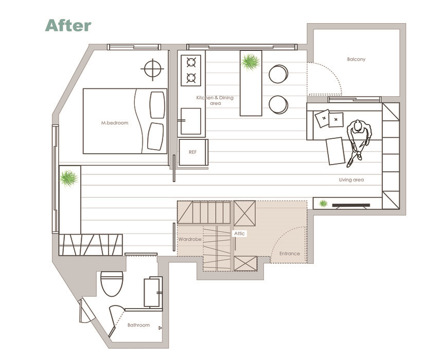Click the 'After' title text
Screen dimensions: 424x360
[x=68, y=25]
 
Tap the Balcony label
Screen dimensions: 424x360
[x=356, y=59]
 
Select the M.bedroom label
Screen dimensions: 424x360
[x=115, y=123]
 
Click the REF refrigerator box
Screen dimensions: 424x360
[x=193, y=152]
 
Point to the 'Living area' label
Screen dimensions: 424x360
[x=351, y=179]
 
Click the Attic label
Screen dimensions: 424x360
[x=239, y=233]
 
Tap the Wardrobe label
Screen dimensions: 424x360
[x=190, y=239]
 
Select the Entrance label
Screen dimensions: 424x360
[x=290, y=254]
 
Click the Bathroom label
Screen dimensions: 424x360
[x=138, y=325]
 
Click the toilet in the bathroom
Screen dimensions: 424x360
[x=112, y=284]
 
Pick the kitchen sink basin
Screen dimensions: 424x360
[x=190, y=121]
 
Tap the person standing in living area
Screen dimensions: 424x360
[x=359, y=141]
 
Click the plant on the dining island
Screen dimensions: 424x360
[x=251, y=62]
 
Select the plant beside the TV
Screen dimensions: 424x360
[x=323, y=203]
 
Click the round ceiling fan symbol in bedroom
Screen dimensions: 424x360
[x=152, y=69]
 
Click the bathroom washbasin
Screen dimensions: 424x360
[x=152, y=293]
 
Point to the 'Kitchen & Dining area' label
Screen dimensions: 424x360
[x=215, y=100]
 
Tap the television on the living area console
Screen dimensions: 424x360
[x=351, y=206]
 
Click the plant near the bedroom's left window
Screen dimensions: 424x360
[x=68, y=178]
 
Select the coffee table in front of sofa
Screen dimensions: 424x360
[x=335, y=151]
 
